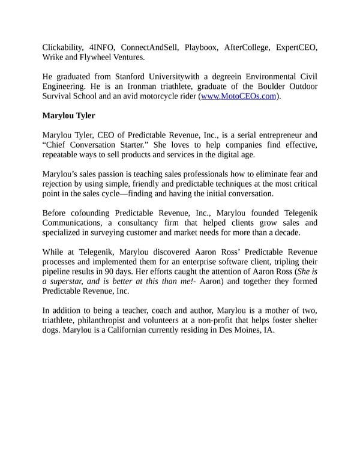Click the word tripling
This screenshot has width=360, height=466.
(284, 262)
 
